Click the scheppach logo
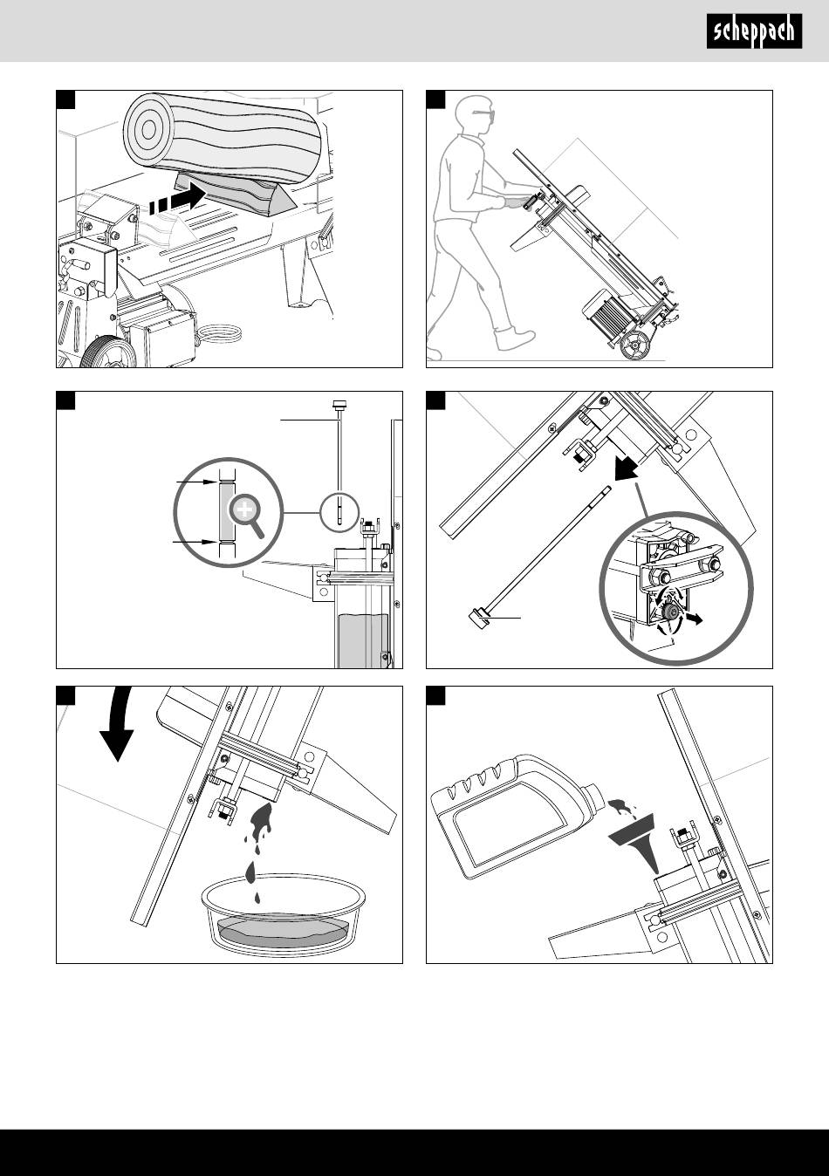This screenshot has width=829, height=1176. coord(754,31)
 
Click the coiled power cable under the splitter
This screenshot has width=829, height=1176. coord(220,333)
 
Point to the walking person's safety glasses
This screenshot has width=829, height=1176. coord(484,113)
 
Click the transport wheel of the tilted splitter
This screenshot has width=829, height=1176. coord(634,346)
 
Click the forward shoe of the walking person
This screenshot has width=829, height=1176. coord(515,338)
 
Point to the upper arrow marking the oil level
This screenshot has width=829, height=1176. coord(196,482)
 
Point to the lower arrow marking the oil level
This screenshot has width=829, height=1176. coord(195,541)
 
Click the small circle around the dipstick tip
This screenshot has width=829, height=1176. coord(339,512)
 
